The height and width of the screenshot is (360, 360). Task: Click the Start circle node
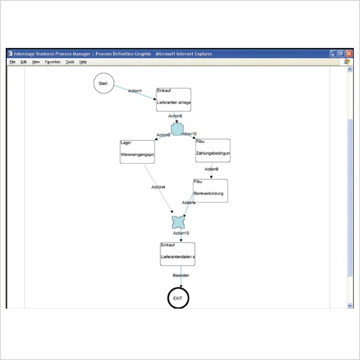click(x=104, y=83)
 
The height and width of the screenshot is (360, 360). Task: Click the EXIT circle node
click(x=178, y=298)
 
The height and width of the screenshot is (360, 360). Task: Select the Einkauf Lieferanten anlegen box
click(x=174, y=100)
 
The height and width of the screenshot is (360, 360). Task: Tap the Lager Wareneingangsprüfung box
click(x=137, y=152)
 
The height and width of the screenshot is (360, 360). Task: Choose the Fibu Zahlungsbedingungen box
click(x=213, y=150)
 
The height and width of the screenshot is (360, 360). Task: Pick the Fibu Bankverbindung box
click(x=210, y=191)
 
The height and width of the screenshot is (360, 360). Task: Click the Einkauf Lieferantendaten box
click(x=177, y=254)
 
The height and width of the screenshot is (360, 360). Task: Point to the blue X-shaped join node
click(x=178, y=222)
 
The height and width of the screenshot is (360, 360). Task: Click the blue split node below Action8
click(x=177, y=129)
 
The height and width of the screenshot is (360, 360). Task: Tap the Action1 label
click(x=135, y=91)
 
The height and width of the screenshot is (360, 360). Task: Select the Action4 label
click(x=158, y=187)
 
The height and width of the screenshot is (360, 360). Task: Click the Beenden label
click(x=181, y=275)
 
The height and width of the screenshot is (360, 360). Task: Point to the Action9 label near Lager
click(x=163, y=135)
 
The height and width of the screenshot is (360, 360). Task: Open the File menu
click(x=13, y=62)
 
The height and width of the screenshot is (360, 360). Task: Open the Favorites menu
click(x=53, y=62)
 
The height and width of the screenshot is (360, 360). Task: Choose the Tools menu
click(x=70, y=62)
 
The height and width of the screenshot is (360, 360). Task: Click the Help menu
click(x=83, y=62)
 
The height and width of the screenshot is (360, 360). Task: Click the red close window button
click(x=349, y=53)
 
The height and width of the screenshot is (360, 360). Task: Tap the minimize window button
click(x=333, y=53)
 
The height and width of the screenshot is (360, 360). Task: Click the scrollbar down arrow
click(x=350, y=305)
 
